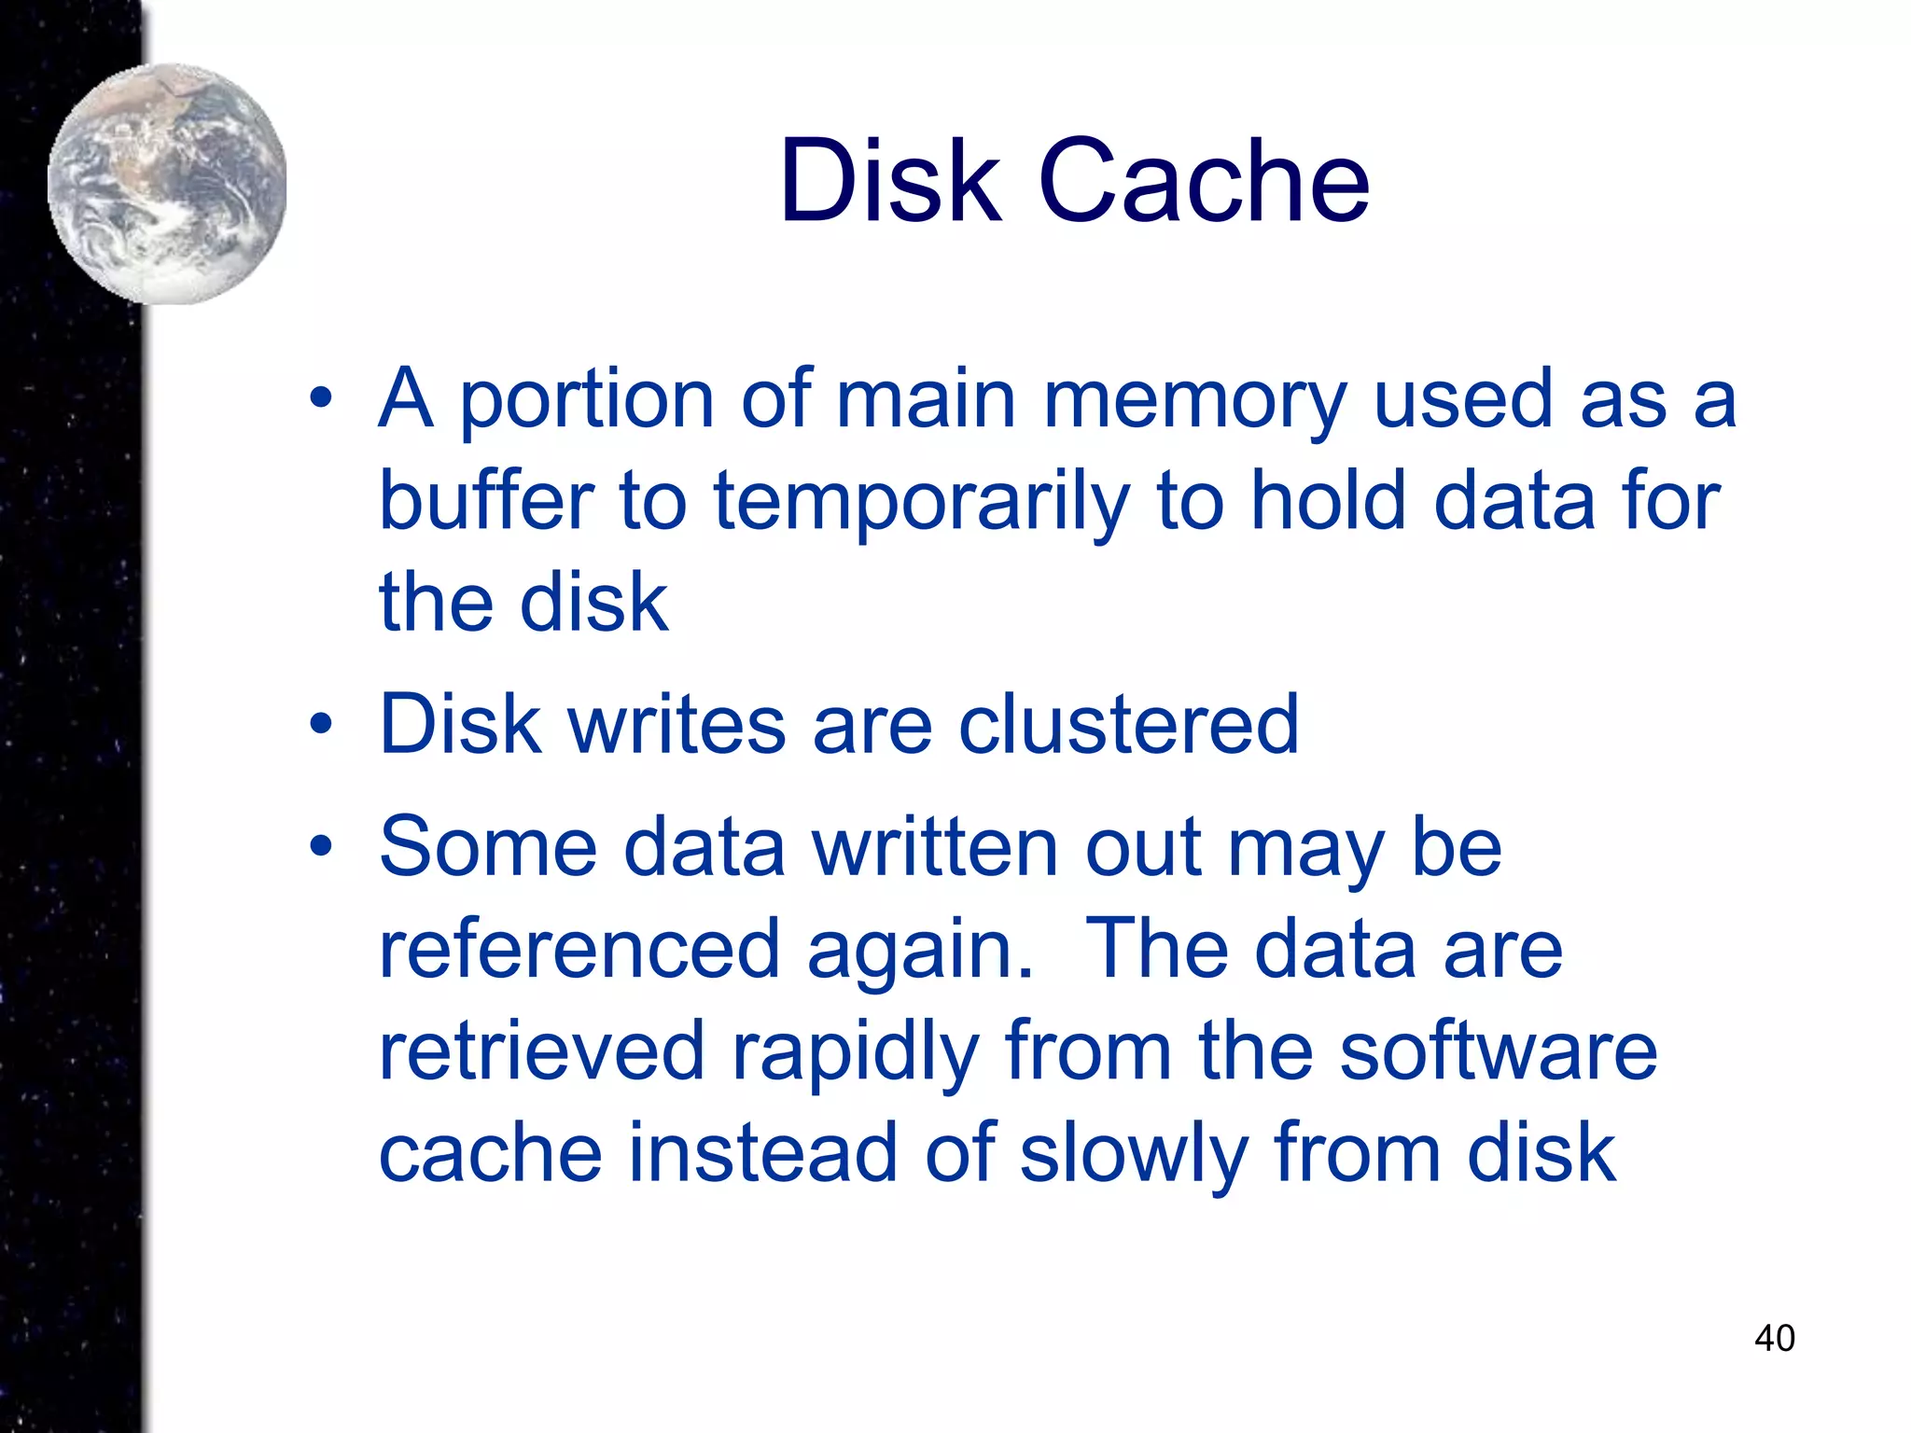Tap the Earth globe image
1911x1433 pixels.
click(x=168, y=184)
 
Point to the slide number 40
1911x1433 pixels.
click(x=1774, y=1338)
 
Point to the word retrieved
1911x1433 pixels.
click(x=541, y=1051)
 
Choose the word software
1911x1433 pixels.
click(x=1499, y=1051)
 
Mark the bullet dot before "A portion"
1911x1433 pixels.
click(x=321, y=399)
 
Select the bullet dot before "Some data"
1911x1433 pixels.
click(x=321, y=845)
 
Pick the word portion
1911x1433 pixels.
click(x=586, y=401)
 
